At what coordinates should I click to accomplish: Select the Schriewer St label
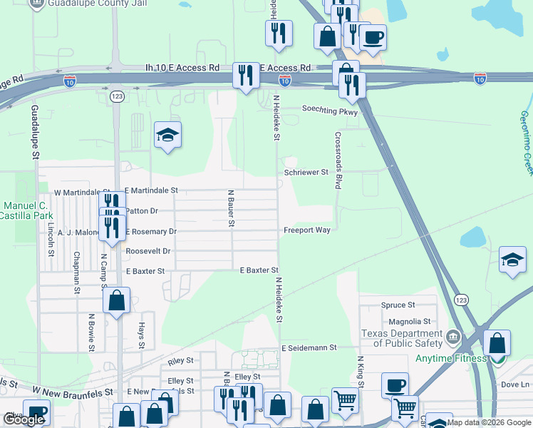point(306,173)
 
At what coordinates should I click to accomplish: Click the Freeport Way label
point(307,230)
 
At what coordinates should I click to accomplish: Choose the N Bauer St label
point(231,208)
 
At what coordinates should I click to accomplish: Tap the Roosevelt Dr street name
point(148,251)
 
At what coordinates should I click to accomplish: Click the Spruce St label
point(398,305)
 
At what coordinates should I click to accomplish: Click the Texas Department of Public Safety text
point(401,338)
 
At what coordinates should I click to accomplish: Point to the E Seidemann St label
point(308,348)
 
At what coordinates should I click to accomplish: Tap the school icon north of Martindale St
point(167,135)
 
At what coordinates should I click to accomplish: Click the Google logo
point(24,419)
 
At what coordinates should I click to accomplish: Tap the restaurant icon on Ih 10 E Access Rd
point(246,75)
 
